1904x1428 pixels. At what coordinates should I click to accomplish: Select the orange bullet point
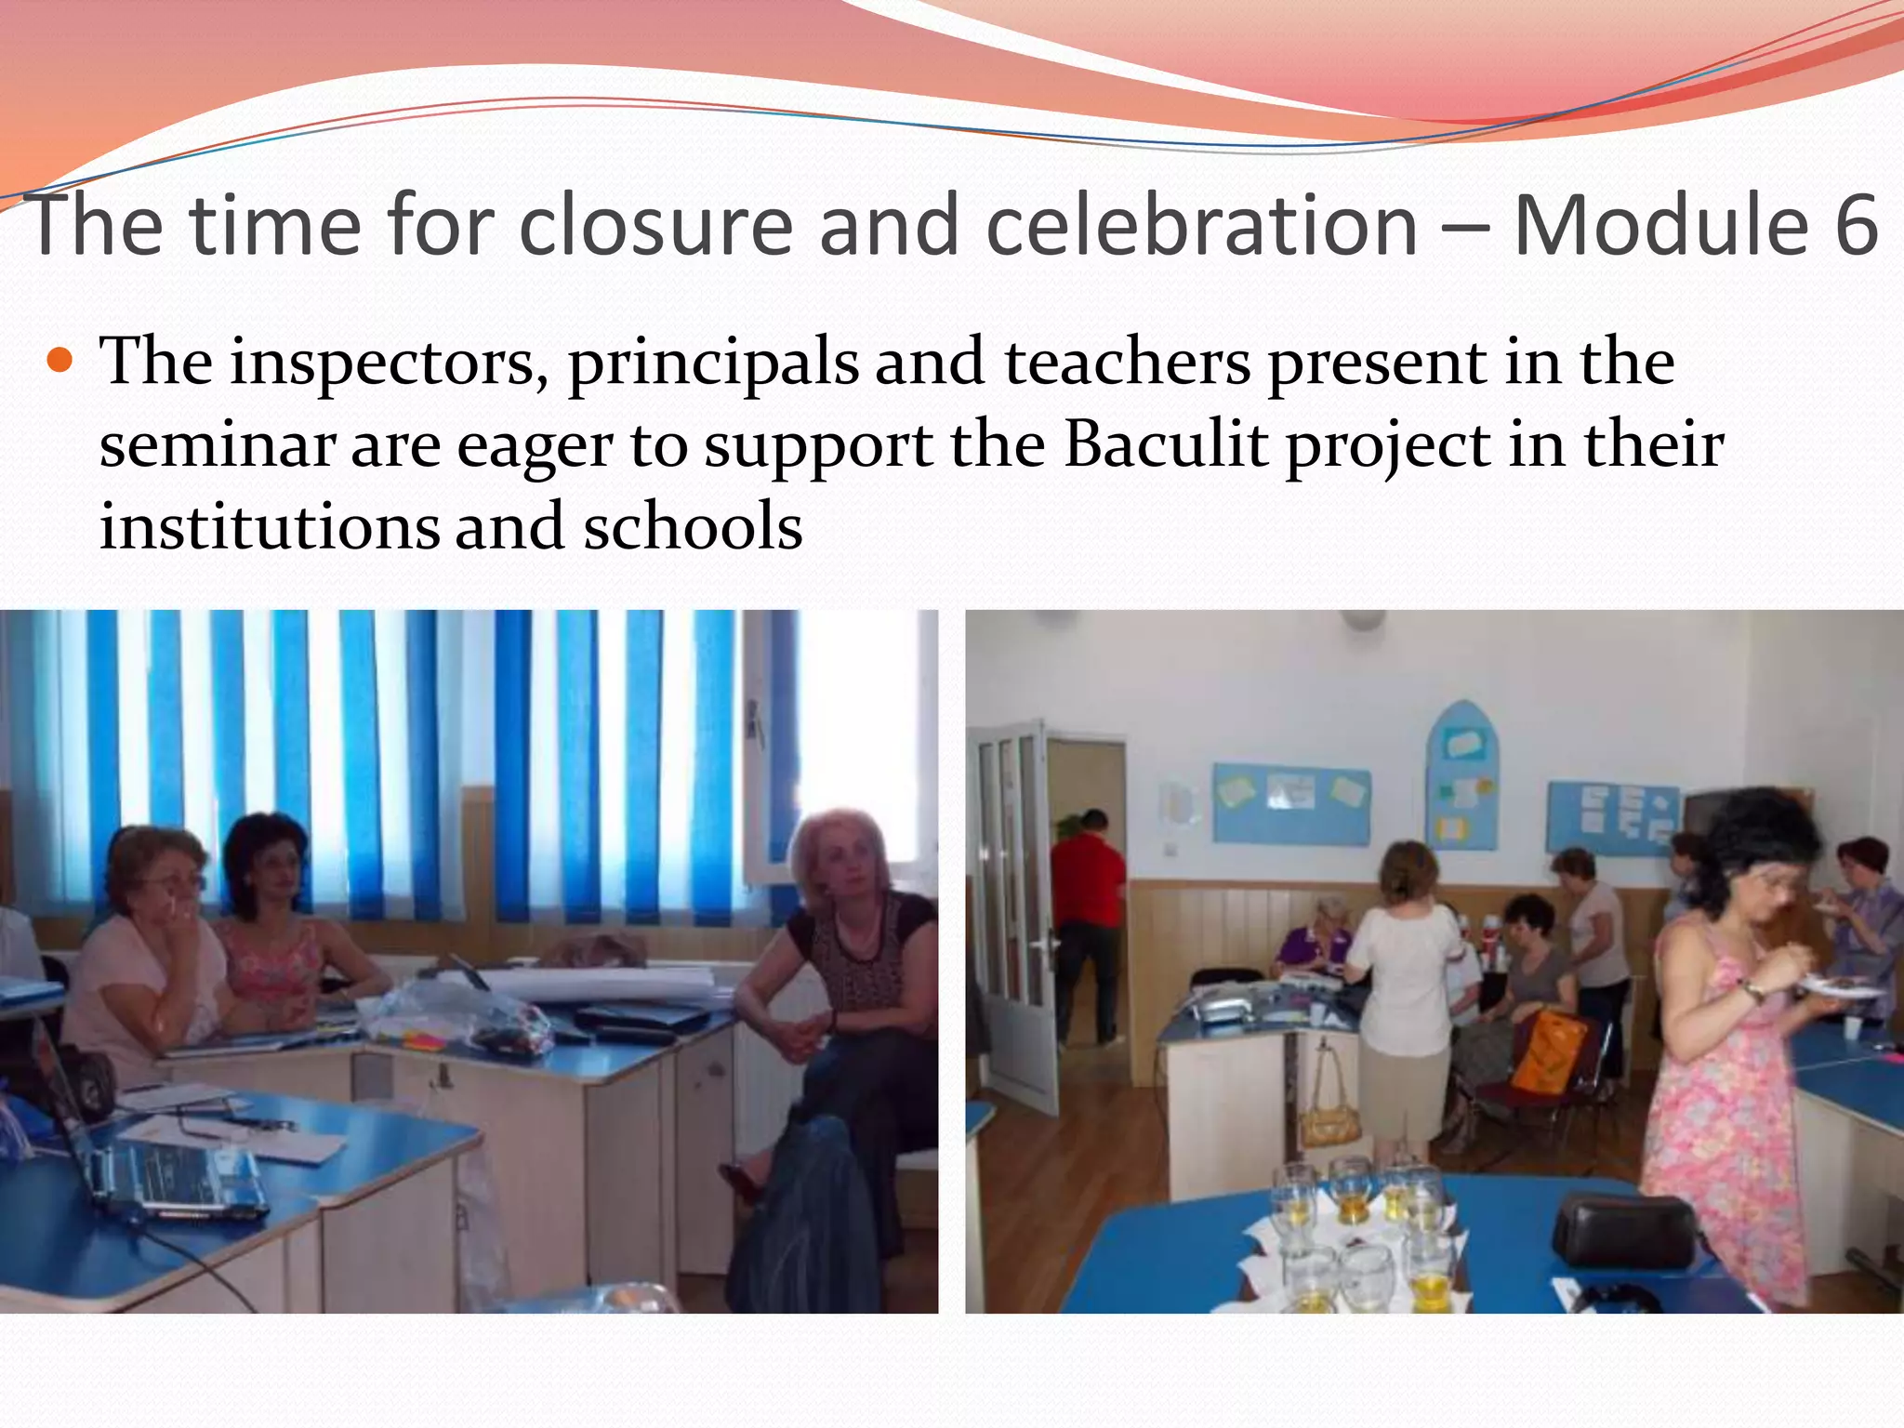coord(59,360)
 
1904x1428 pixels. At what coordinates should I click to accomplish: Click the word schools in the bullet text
coord(693,526)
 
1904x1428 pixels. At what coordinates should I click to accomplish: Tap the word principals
coord(713,363)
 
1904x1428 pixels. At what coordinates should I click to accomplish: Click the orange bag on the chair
coord(1547,1051)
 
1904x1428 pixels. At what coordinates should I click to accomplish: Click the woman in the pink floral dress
coord(1729,1051)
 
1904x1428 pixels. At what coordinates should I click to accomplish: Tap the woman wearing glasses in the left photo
coord(149,948)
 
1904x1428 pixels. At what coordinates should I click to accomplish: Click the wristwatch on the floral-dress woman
coord(1753,991)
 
